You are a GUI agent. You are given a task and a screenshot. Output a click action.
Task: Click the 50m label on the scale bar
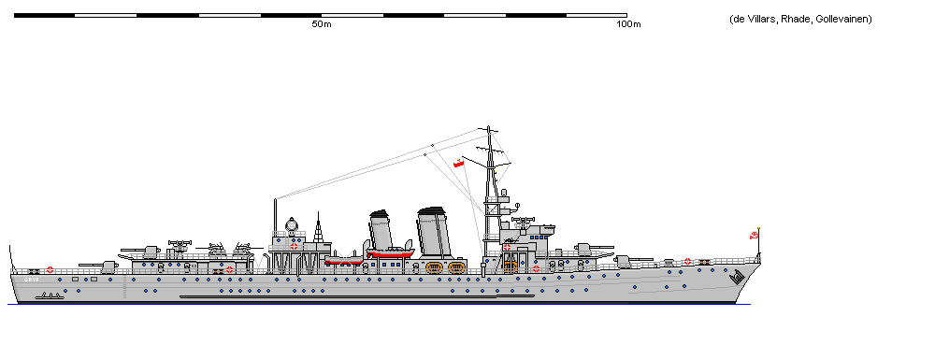321,24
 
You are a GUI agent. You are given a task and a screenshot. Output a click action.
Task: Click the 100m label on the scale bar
629,24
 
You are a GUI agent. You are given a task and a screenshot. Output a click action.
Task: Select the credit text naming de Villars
800,20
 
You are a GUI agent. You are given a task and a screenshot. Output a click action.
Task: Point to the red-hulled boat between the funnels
391,252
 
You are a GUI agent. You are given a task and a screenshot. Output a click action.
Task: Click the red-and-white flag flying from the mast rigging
459,165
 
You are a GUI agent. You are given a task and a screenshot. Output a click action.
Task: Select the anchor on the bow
738,277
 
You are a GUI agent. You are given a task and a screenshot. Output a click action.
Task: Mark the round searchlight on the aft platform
293,224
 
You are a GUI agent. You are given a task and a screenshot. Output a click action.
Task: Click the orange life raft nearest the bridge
510,267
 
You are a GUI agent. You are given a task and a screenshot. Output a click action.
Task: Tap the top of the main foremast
487,129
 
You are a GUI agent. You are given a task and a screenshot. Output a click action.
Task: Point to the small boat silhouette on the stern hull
51,295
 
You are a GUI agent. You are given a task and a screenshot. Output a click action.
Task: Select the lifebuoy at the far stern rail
50,269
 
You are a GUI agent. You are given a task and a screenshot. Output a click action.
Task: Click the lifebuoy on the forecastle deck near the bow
688,262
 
